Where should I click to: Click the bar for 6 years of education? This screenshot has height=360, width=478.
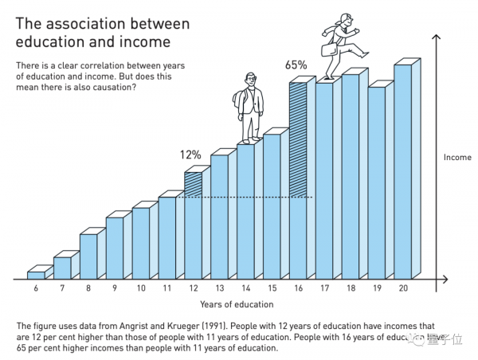[36, 274]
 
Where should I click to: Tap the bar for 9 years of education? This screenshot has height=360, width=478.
[115, 248]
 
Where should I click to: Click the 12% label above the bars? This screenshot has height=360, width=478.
[190, 155]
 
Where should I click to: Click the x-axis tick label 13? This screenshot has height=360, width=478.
[219, 289]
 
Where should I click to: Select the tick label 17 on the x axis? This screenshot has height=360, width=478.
[324, 289]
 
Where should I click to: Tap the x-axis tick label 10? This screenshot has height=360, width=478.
[141, 289]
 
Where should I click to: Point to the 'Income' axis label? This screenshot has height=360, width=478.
[457, 158]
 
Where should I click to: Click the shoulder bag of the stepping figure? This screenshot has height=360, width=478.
[328, 49]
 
